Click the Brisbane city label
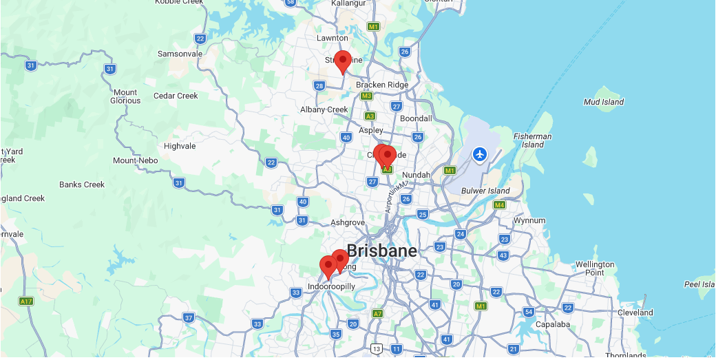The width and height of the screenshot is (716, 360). [x=381, y=251]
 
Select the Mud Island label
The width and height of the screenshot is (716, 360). [x=603, y=102]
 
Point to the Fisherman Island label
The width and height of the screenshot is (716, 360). [x=532, y=140]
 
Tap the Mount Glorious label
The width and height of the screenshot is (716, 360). [x=126, y=96]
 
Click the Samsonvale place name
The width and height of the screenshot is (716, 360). [x=180, y=54]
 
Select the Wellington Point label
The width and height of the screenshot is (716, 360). [x=595, y=268]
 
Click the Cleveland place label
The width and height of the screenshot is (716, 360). [x=635, y=313]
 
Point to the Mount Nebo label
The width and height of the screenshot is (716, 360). [x=135, y=160]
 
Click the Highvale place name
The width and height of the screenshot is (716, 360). [x=180, y=146]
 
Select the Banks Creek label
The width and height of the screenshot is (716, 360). [x=81, y=184]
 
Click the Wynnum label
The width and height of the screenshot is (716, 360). [x=529, y=220]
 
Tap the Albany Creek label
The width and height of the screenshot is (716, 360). [x=324, y=109]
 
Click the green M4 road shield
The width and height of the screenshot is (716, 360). [x=499, y=205]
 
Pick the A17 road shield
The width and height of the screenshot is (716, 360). [x=26, y=301]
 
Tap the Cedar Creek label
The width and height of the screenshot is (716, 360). [x=176, y=96]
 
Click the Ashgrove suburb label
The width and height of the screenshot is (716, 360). [x=347, y=222]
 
